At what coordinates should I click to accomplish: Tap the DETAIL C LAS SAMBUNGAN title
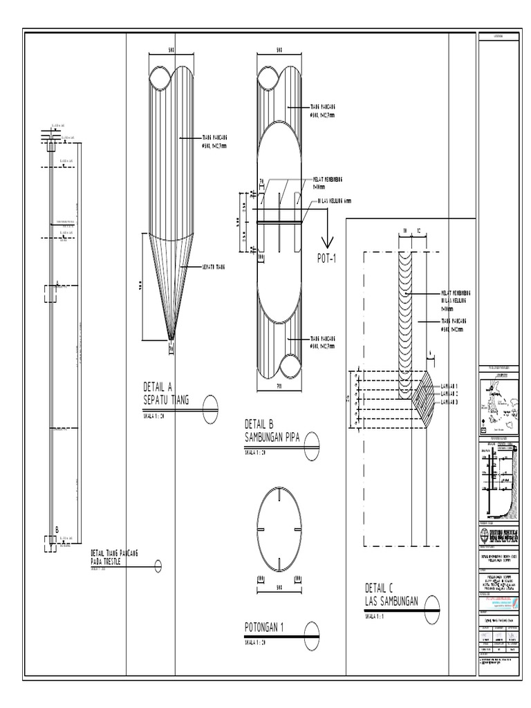pos(391,595)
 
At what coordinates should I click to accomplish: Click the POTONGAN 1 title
pos(265,627)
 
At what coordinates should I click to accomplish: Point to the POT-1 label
pos(327,258)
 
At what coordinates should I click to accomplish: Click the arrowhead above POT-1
pos(327,241)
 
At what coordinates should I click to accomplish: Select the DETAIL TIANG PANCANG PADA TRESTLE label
pos(115,557)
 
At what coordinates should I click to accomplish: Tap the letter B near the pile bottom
pos(57,530)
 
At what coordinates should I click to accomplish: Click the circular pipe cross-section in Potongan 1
pos(280,529)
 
